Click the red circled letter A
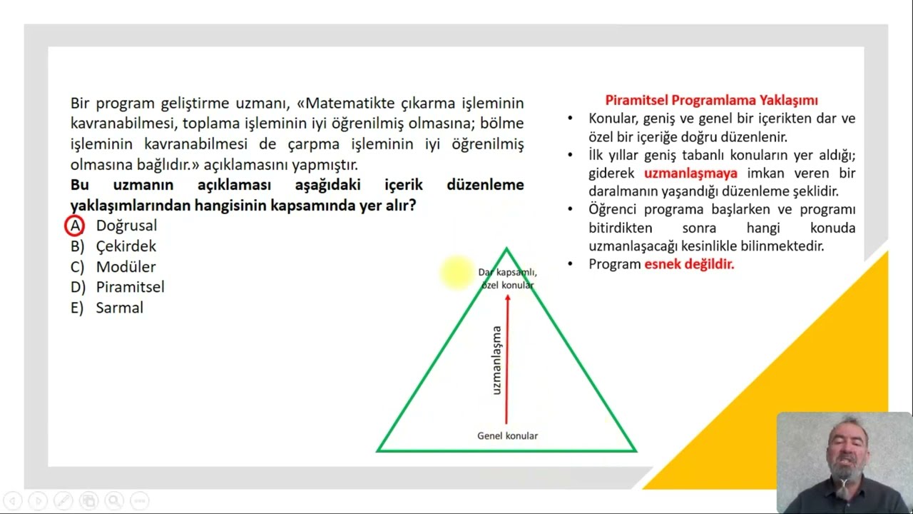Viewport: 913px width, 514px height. point(74,226)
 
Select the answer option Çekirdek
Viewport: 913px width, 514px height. point(126,246)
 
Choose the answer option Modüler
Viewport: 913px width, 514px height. point(126,267)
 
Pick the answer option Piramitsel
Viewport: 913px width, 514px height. point(130,287)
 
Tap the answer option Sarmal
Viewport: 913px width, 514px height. point(119,308)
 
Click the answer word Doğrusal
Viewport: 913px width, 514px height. point(126,226)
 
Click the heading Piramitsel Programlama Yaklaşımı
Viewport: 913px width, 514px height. point(711,100)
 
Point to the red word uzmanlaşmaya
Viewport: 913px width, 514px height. point(690,173)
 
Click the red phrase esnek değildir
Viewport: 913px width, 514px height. point(689,264)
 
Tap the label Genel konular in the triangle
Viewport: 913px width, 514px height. point(507,435)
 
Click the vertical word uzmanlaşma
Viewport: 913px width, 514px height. point(496,361)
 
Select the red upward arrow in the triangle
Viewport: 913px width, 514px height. point(507,357)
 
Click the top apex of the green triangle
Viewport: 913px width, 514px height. point(506,249)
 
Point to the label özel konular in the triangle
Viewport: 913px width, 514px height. point(507,285)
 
